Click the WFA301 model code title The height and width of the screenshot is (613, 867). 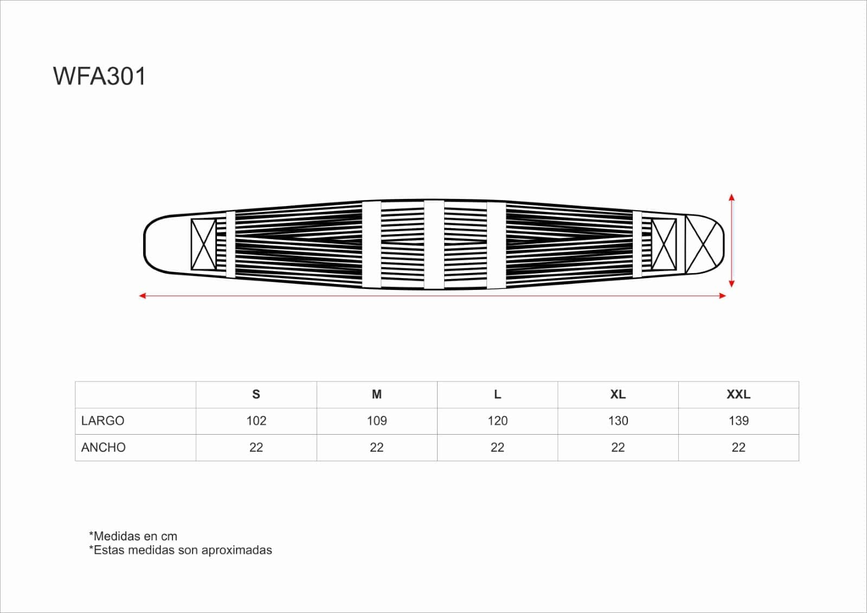click(99, 76)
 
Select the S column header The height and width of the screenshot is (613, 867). click(256, 395)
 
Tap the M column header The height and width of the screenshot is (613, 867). click(377, 395)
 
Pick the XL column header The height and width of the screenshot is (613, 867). click(618, 395)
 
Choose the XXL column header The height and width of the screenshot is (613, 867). click(738, 395)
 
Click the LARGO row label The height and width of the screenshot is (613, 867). click(102, 421)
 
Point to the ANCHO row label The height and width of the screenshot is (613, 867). click(104, 447)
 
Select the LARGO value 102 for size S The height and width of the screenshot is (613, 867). click(256, 421)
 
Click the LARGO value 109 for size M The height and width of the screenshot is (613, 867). click(377, 421)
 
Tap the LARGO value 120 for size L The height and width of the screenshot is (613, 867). click(497, 421)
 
